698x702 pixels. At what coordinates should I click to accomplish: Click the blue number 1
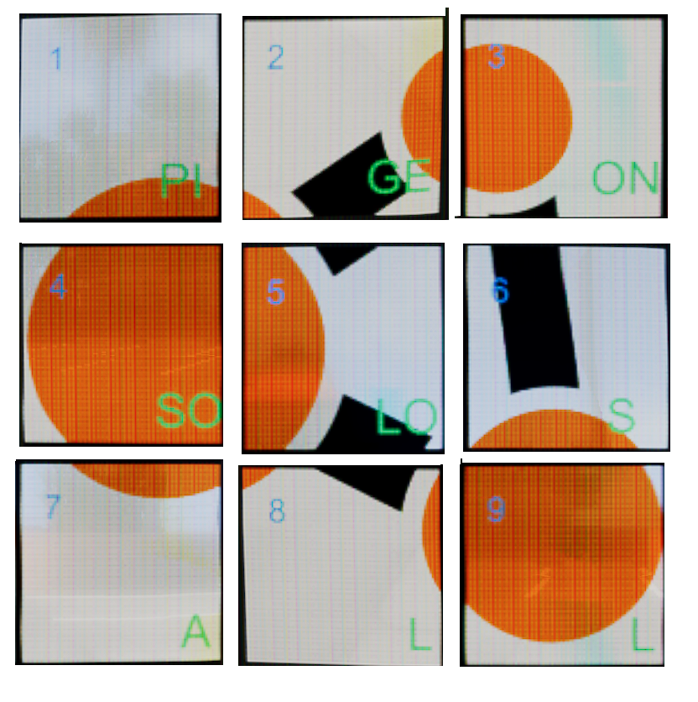(x=56, y=58)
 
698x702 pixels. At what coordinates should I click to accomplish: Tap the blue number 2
(x=276, y=57)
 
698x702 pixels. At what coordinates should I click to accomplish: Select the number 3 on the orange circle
(x=497, y=57)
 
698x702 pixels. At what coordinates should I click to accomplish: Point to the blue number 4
(x=58, y=286)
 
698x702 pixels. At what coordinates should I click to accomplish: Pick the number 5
(x=276, y=291)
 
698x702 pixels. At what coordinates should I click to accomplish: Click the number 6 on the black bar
(x=501, y=290)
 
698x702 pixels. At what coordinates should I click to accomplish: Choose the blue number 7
(x=53, y=506)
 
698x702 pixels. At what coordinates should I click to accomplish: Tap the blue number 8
(x=277, y=511)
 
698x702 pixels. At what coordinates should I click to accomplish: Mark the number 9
(x=496, y=510)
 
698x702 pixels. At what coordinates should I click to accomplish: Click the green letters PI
(x=180, y=181)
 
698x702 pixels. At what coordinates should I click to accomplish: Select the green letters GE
(x=399, y=176)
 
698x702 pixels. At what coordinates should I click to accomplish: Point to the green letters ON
(x=626, y=178)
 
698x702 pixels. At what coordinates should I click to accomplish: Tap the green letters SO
(x=190, y=410)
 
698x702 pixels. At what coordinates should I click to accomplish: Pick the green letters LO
(x=406, y=416)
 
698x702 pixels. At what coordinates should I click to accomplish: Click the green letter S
(x=622, y=416)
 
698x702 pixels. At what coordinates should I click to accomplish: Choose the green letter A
(x=195, y=631)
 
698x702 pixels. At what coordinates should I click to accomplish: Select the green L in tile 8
(x=420, y=634)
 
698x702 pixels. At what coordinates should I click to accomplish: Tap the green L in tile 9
(x=642, y=634)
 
